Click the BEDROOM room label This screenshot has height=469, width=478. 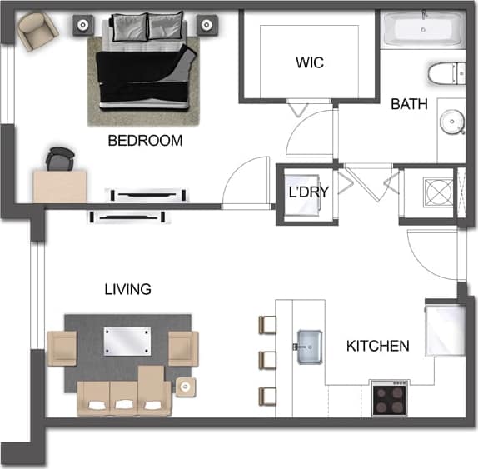click(145, 141)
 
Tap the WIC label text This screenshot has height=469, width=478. click(308, 62)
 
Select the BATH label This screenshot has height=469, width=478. click(409, 105)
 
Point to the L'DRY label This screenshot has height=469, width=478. click(308, 192)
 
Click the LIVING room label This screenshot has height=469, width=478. click(127, 290)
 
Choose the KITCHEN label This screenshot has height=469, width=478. click(377, 346)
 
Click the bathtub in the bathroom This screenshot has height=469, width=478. click(422, 32)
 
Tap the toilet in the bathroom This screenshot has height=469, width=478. click(446, 74)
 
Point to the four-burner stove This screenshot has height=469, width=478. click(390, 399)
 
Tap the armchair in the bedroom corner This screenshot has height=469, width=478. click(37, 32)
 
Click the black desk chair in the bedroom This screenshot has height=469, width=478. click(60, 158)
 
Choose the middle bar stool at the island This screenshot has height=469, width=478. click(267, 360)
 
